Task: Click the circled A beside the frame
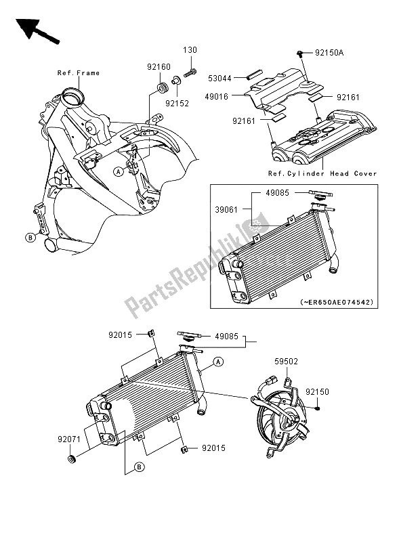coord(119,171)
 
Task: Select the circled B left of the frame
coord(30,237)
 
